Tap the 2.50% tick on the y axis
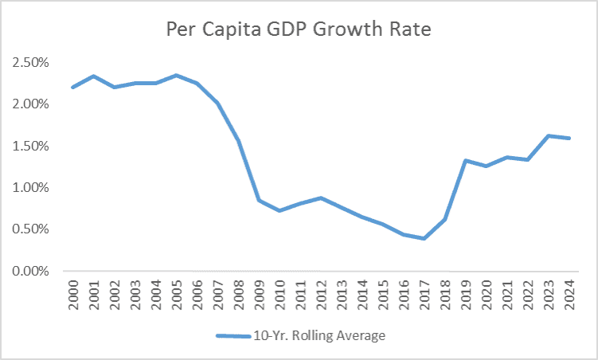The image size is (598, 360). click(x=29, y=62)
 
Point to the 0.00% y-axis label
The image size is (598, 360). click(x=29, y=271)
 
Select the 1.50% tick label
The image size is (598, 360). click(x=29, y=146)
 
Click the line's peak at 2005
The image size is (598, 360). click(x=177, y=76)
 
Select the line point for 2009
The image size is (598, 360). click(x=260, y=200)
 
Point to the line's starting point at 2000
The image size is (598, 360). click(x=72, y=88)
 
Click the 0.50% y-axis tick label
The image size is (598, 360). click(x=29, y=229)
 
